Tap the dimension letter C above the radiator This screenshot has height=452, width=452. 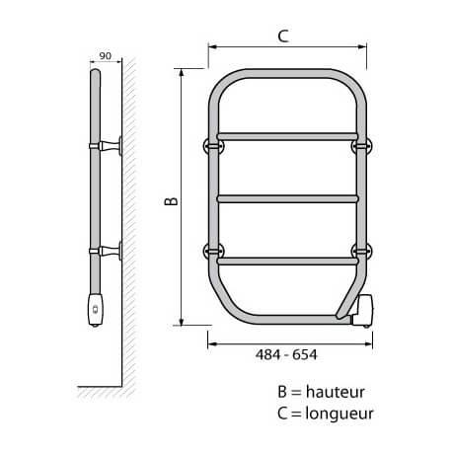(282, 37)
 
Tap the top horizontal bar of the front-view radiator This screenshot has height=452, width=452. (285, 134)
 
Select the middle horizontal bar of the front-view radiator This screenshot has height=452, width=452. (285, 198)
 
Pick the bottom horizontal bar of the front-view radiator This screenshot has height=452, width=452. (285, 262)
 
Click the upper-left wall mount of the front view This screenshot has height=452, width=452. (211, 145)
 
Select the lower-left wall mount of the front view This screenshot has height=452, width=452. (211, 248)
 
